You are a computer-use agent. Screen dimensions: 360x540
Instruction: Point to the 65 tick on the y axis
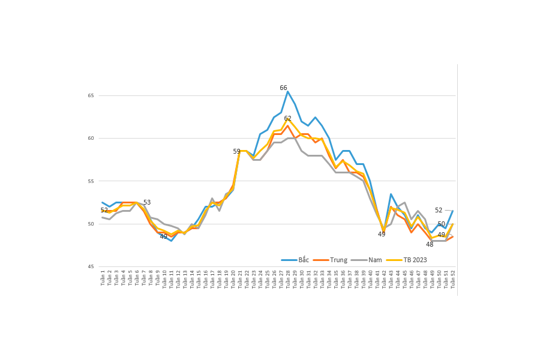[91, 96]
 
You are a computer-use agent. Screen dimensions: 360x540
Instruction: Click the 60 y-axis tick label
[91, 139]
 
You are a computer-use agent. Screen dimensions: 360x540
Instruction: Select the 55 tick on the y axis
[91, 181]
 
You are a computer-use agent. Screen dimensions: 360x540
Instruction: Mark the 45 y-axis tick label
[91, 267]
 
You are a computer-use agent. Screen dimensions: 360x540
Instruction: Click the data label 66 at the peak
[283, 88]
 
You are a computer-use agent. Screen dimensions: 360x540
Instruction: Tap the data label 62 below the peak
[287, 118]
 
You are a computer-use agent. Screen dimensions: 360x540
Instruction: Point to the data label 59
[236, 151]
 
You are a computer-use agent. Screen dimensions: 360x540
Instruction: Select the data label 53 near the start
[147, 202]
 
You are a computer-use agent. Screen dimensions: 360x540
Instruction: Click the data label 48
[430, 244]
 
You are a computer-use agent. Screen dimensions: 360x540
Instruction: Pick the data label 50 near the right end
[441, 224]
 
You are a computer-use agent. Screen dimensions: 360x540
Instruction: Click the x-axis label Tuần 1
[103, 278]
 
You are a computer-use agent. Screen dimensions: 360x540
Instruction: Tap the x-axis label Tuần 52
[452, 279]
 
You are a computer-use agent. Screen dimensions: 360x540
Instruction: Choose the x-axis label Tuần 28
[288, 279]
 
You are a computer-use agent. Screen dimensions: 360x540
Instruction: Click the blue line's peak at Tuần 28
[288, 91]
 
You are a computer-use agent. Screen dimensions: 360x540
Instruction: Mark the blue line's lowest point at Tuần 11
[171, 241]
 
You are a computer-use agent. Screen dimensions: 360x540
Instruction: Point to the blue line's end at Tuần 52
[452, 211]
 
